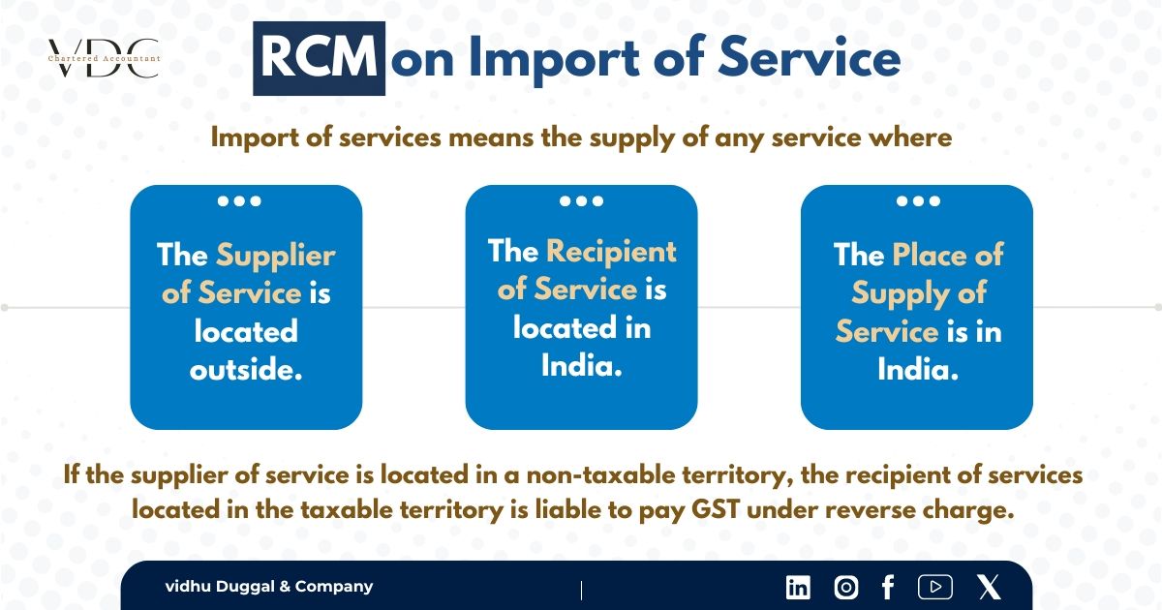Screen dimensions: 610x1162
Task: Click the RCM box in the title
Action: (x=319, y=59)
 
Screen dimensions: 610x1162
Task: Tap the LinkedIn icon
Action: (x=798, y=587)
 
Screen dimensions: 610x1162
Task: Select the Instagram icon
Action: (x=845, y=587)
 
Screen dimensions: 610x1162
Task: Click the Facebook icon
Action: (x=887, y=587)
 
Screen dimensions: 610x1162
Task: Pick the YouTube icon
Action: (x=934, y=587)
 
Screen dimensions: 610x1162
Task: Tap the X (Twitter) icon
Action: (x=989, y=587)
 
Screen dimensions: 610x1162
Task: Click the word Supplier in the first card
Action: (x=275, y=256)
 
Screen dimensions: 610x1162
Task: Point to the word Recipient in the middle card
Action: (x=611, y=252)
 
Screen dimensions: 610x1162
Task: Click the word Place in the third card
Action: (x=931, y=256)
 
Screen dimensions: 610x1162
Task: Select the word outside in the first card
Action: (x=246, y=370)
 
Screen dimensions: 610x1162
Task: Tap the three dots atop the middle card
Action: (x=581, y=201)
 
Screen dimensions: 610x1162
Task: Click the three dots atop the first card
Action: (x=239, y=201)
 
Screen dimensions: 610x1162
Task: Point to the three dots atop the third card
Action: (x=917, y=201)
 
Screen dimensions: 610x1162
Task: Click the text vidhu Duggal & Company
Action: (x=268, y=587)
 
